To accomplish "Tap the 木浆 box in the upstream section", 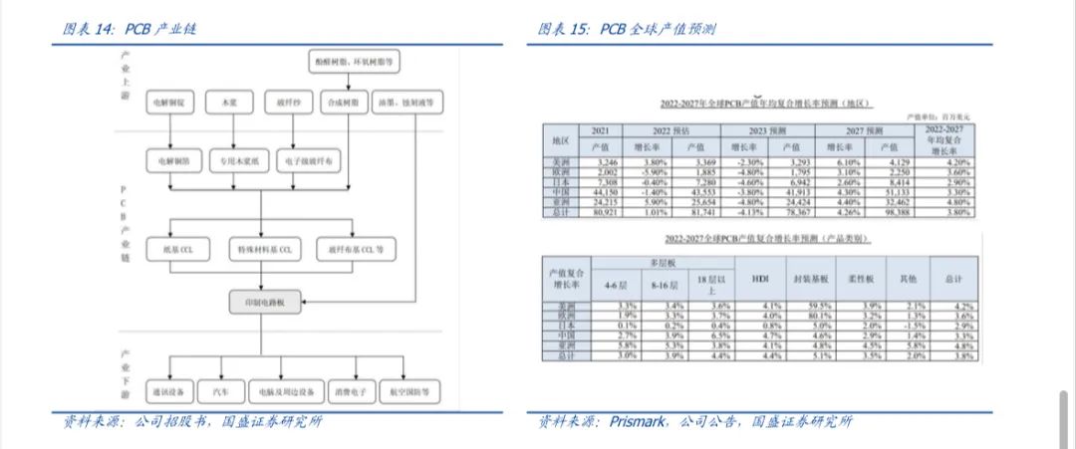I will (231, 102).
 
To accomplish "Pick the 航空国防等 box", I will (409, 391).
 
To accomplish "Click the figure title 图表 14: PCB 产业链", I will (130, 29).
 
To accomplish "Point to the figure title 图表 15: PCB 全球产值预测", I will (627, 29).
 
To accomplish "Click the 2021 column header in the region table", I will (600, 130).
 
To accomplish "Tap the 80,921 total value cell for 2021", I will (600, 211).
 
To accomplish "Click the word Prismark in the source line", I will (643, 422).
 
